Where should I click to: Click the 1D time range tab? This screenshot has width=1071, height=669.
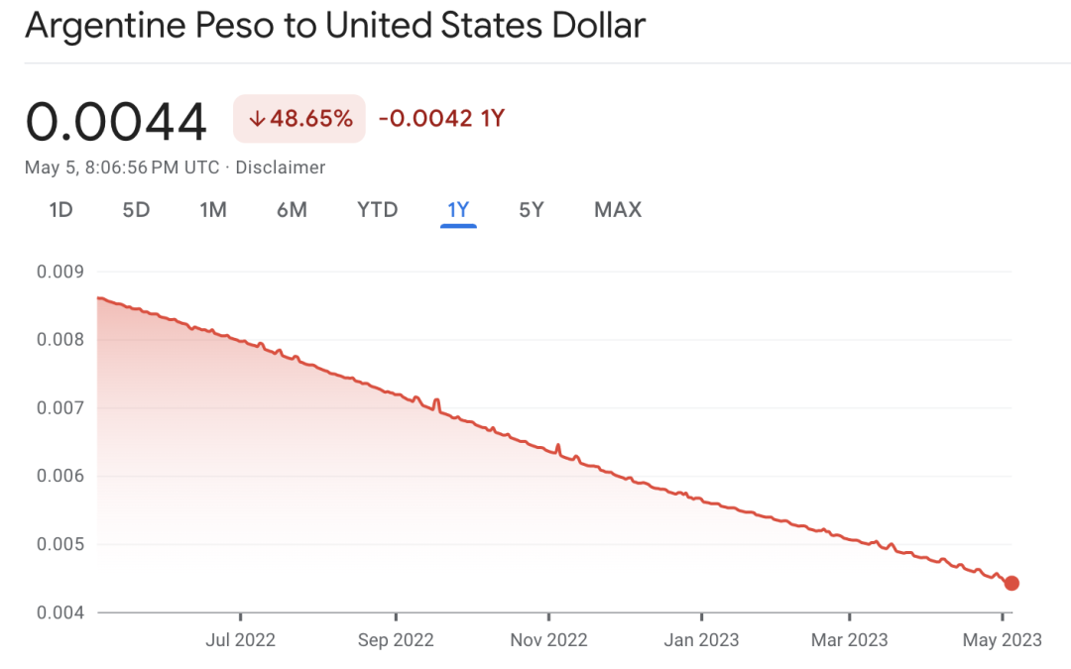(60, 209)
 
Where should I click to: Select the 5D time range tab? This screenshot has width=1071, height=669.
(136, 209)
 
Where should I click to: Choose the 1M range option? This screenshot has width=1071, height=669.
(213, 209)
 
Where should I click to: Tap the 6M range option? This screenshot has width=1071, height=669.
(292, 209)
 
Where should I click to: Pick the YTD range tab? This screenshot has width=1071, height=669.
(377, 209)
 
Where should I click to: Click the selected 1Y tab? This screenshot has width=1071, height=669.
(458, 209)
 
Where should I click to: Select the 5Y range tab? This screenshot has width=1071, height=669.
(532, 209)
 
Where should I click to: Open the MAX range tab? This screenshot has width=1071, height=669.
(618, 209)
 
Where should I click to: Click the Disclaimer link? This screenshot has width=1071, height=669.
(280, 167)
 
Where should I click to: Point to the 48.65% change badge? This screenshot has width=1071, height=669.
(299, 119)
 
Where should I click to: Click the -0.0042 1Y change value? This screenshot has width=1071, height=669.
(441, 119)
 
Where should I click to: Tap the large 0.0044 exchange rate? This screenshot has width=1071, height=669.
(116, 122)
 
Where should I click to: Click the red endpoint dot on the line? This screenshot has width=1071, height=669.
(1011, 583)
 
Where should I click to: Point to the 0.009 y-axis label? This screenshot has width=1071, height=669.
(60, 272)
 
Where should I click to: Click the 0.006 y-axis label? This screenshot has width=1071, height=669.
(60, 476)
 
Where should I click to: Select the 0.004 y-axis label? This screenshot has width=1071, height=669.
(60, 613)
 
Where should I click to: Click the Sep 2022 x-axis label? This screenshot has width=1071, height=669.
(396, 640)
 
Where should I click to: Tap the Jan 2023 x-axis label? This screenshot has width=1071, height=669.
(701, 640)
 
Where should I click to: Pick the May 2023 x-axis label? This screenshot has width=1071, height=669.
(1002, 640)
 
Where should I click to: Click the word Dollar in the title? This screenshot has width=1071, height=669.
(599, 26)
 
